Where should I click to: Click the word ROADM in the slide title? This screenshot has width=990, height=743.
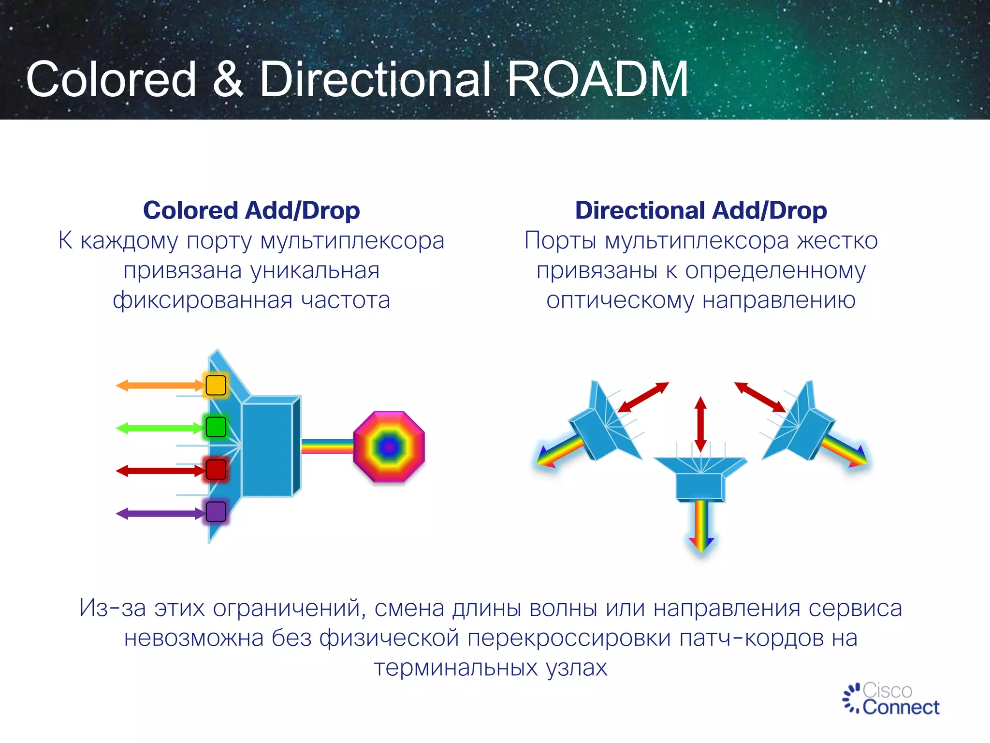coord(597,80)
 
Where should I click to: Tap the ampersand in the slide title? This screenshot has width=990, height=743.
coord(227,80)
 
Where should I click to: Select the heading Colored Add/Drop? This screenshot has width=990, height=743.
coord(251,211)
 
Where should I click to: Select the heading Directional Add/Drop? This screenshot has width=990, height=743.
coord(701,211)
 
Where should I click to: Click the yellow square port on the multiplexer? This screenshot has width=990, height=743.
coord(216,386)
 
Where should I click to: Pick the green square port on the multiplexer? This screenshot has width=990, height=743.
coord(216,427)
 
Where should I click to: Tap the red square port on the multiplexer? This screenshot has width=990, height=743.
coord(216,470)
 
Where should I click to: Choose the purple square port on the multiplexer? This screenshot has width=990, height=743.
coord(216,512)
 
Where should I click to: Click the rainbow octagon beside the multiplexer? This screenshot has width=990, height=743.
coord(389,447)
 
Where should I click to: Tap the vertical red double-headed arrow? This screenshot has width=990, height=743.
coord(700,424)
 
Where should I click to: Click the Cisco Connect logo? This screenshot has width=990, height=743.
coord(891,699)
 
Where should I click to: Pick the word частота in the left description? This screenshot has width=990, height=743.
coord(345,300)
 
